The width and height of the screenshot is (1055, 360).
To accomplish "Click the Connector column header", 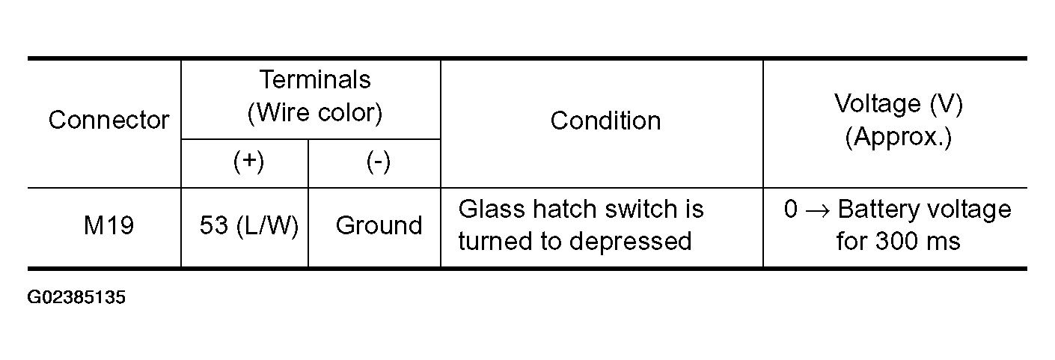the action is point(108,120).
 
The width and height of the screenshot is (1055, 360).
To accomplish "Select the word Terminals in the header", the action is point(315,79).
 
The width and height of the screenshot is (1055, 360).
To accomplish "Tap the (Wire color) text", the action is point(315,113).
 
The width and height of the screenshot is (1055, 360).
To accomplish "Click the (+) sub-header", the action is point(248,162).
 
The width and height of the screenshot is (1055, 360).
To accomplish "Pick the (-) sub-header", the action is point(378,162).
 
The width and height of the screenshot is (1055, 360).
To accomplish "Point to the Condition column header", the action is point(605,120).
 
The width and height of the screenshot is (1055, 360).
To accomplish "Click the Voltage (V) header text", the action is point(899,104).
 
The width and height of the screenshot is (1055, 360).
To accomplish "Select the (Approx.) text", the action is point(899,138).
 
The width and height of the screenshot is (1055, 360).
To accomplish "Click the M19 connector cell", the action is point(108,225).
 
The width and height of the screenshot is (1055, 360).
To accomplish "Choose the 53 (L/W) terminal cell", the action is point(249,225).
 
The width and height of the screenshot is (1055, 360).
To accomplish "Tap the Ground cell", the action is point(379,225).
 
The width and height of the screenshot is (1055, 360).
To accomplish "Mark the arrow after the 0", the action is point(818,210).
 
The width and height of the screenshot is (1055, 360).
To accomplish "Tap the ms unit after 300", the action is point(941,243).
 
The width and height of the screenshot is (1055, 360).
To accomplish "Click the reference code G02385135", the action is point(76,297).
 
